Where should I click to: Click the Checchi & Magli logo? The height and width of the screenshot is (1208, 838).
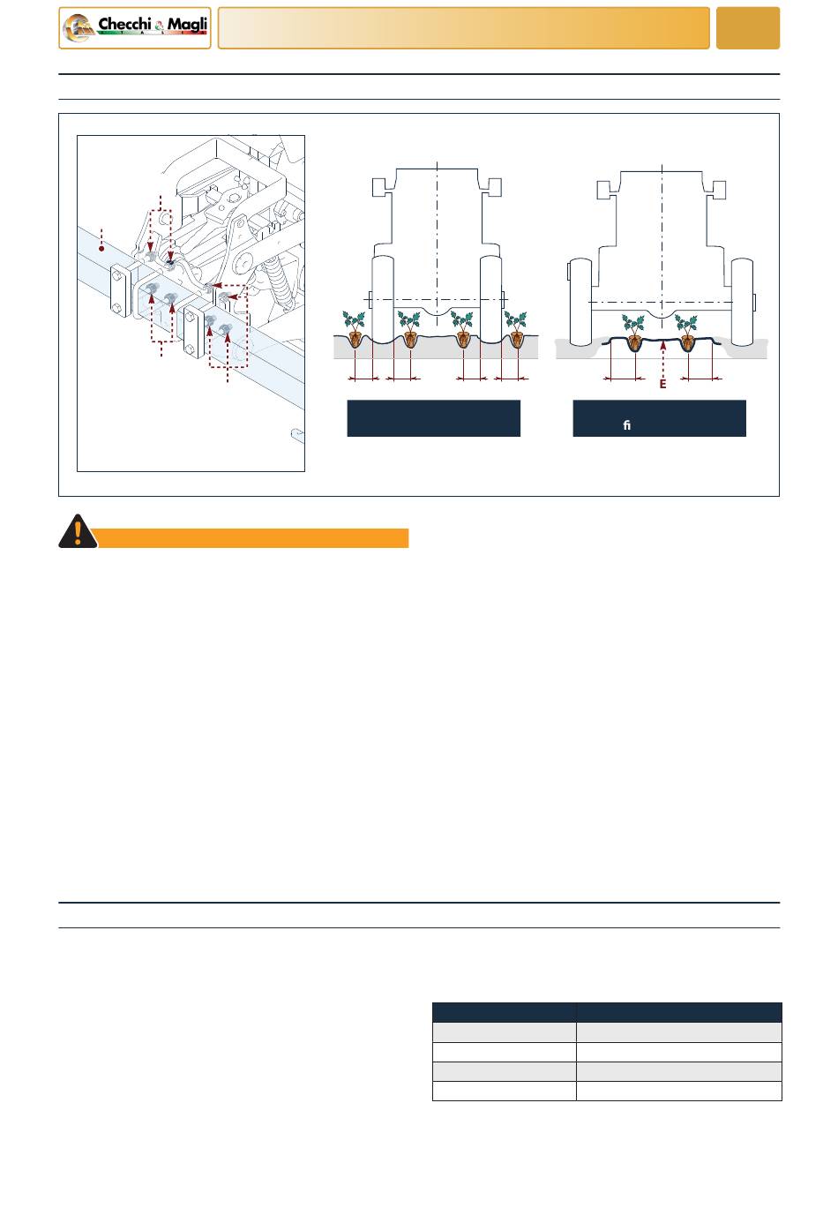pos(134,28)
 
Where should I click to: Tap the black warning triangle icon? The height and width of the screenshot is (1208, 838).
pos(78,531)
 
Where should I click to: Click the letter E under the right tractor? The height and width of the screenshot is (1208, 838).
pos(662,384)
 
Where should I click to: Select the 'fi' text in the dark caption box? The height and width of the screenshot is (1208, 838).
pos(626,425)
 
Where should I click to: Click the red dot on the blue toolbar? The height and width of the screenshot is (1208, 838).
pos(101,249)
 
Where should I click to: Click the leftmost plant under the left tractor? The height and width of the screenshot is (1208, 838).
pos(355,328)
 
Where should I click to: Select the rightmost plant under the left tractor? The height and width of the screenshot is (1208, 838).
pos(516,328)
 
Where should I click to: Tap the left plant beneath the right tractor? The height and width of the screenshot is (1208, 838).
pos(633,331)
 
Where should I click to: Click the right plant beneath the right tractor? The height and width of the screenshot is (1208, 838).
pos(686,331)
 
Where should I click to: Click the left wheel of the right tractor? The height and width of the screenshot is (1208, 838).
pos(580,302)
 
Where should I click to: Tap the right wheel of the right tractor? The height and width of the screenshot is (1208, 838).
pos(743,302)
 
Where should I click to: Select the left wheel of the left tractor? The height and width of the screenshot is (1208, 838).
pos(382,297)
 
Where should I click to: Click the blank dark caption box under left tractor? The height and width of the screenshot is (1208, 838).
pos(434,418)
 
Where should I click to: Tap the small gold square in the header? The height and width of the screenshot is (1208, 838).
pos(748,28)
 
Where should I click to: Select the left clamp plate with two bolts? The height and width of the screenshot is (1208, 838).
pos(121,290)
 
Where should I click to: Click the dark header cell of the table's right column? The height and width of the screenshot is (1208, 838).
pos(679,1012)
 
